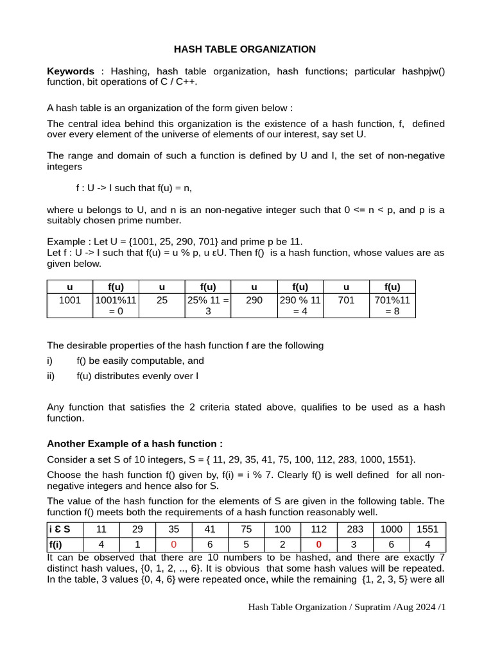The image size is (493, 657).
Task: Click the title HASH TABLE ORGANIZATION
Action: tap(245, 49)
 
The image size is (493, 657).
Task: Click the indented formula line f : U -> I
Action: tap(134, 188)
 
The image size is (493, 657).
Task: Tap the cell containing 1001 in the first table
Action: tap(69, 300)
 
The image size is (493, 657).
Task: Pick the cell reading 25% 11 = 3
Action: tap(208, 305)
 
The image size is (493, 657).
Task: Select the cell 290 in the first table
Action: tap(254, 300)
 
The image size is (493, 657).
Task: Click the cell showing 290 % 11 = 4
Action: tap(300, 305)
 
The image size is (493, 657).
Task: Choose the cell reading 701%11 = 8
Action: tap(392, 305)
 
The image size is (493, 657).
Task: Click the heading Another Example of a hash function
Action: tap(135, 444)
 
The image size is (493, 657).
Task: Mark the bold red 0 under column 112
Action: tap(318, 544)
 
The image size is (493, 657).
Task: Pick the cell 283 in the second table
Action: tap(355, 529)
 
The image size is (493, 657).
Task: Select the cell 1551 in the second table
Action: tap(428, 529)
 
